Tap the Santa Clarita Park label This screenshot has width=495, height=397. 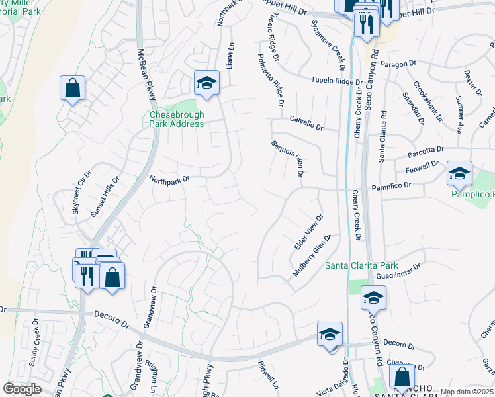[361, 265]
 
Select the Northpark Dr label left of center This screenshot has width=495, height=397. [169, 179]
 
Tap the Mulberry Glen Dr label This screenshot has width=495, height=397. [311, 256]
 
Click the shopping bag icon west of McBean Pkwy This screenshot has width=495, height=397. [72, 87]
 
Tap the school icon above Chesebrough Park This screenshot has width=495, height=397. [206, 83]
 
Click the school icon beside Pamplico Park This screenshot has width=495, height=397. [459, 173]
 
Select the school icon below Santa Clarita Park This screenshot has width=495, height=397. [373, 298]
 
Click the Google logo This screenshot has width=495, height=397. [22, 389]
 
